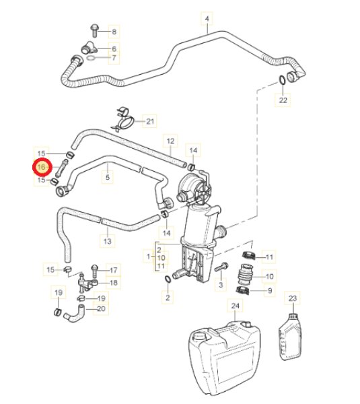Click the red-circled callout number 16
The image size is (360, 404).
pos(41,167)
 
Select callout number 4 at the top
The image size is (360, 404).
pos(207,19)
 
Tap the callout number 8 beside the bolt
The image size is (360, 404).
pos(114,32)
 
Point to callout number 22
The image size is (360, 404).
pos(283,100)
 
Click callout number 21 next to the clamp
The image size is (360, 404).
pos(150,121)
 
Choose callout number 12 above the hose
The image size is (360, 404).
pos(170,141)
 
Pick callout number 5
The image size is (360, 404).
pos(108,177)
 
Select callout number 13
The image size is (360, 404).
pos(108,241)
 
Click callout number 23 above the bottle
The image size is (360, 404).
pos(293,298)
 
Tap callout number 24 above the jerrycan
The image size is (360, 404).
pos(235,306)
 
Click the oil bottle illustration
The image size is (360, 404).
pos(290,337)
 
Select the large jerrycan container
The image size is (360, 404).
pos(225,358)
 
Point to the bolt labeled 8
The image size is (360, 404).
pos(94,30)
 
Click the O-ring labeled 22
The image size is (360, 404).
pos(282,80)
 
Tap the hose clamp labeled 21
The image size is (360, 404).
pos(123,119)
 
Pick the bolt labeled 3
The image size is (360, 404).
pos(221,267)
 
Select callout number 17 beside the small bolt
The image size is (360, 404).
pos(114,270)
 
